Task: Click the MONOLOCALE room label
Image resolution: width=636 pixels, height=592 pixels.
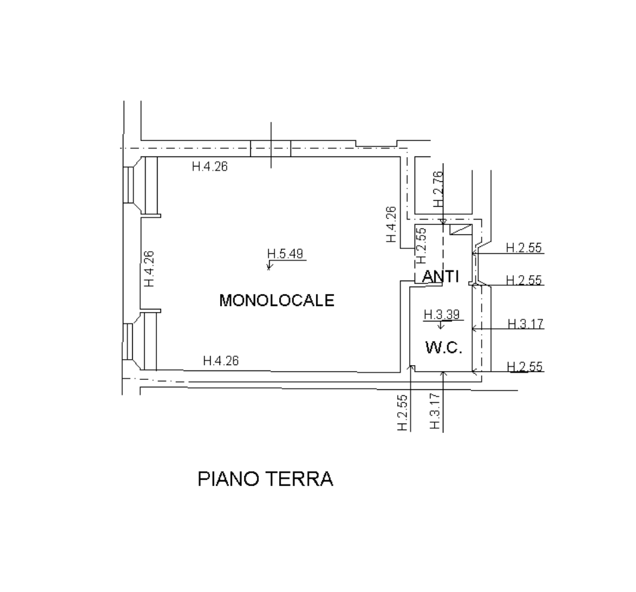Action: (x=276, y=300)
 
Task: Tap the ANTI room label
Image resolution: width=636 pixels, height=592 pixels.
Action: (x=439, y=276)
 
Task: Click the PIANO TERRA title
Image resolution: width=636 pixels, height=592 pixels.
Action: (x=265, y=480)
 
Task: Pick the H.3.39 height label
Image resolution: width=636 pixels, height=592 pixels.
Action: (x=441, y=314)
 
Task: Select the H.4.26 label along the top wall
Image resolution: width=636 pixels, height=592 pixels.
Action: (x=210, y=167)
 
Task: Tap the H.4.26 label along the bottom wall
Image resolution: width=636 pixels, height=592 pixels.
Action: (x=221, y=361)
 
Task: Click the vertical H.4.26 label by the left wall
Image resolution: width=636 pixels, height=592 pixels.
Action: (x=150, y=268)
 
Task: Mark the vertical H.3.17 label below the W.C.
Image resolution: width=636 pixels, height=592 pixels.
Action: (x=435, y=411)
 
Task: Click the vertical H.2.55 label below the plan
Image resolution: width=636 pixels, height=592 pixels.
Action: (x=403, y=411)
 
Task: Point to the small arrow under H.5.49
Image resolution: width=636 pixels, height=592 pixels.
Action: (x=269, y=266)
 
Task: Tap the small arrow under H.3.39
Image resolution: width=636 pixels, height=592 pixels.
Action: (x=441, y=326)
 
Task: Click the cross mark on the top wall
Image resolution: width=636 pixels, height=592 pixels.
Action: (x=271, y=147)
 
